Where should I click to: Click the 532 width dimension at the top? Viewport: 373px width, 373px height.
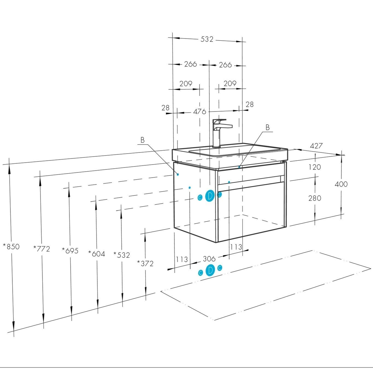(x=207, y=39)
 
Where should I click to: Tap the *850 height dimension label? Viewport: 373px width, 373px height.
(x=11, y=246)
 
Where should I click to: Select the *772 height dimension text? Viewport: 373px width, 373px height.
(x=42, y=249)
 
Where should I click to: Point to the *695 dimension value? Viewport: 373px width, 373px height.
(x=70, y=250)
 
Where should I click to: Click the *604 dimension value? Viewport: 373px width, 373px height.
(x=96, y=254)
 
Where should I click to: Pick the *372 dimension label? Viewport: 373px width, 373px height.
(x=145, y=263)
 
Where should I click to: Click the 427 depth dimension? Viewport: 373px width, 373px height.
(x=316, y=146)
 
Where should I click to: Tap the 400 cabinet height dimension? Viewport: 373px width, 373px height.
(x=341, y=184)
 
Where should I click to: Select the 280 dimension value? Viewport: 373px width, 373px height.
(x=315, y=198)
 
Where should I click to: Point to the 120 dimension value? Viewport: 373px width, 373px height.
(x=315, y=167)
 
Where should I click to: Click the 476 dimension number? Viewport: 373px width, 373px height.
(x=200, y=112)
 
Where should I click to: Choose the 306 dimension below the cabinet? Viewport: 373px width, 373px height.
(x=209, y=259)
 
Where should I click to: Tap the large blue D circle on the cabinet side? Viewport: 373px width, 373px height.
(x=210, y=196)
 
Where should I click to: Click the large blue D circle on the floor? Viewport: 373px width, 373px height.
(x=210, y=271)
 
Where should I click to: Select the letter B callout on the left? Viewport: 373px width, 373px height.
(x=142, y=140)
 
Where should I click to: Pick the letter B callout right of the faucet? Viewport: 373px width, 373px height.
(x=268, y=127)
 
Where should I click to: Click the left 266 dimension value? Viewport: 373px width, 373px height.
(x=190, y=64)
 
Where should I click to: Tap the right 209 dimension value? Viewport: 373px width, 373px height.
(x=230, y=83)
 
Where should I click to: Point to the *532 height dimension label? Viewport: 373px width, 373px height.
(x=122, y=255)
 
